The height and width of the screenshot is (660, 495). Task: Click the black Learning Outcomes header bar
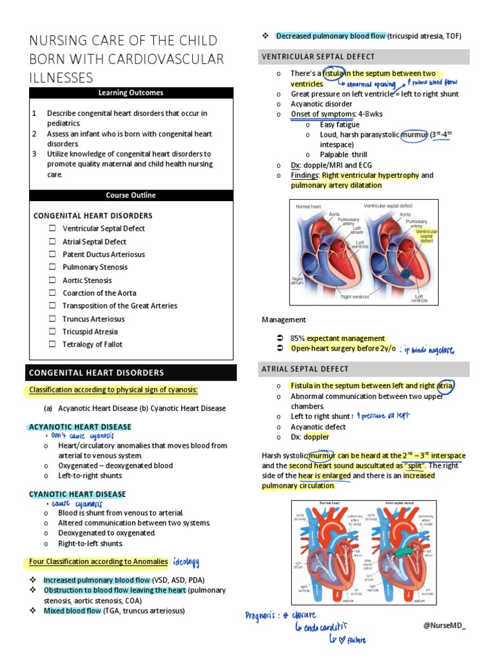[131, 93]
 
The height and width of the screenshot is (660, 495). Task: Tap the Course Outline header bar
[131, 195]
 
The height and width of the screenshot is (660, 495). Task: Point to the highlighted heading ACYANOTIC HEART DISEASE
[79, 427]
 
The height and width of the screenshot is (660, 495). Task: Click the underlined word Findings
[304, 175]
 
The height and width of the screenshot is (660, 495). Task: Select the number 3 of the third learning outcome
[34, 155]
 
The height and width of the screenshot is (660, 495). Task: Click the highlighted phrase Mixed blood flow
[72, 610]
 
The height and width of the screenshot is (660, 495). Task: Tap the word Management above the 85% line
[284, 320]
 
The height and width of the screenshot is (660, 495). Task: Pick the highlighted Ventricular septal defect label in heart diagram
[426, 235]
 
